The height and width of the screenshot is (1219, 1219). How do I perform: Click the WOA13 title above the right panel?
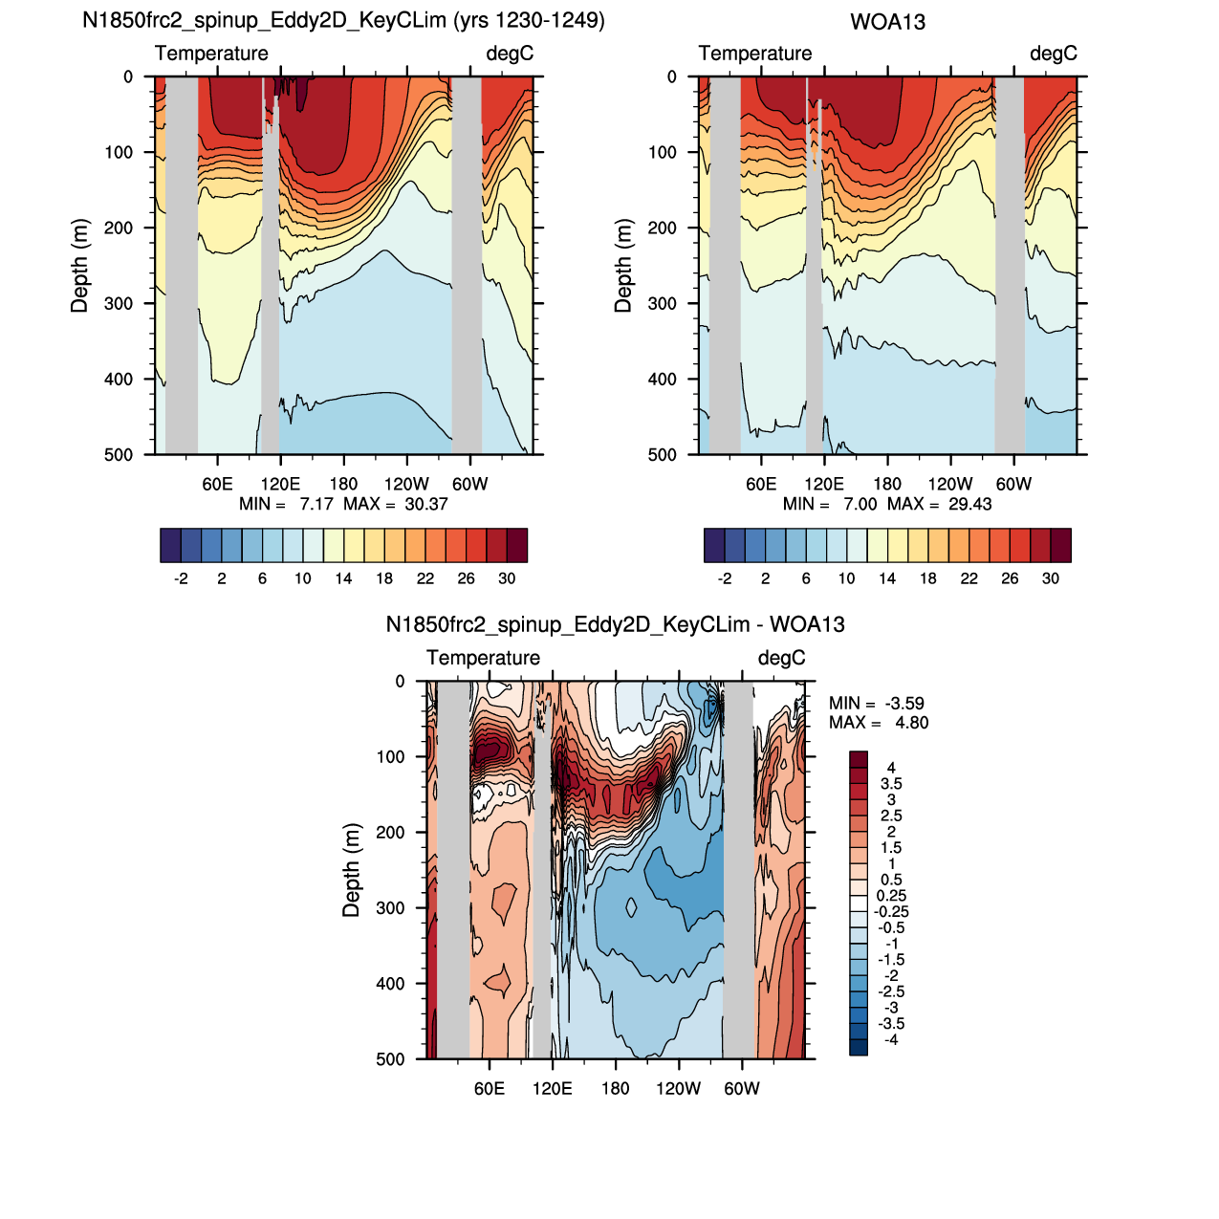coord(887,22)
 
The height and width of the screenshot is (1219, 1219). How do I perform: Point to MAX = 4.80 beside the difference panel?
coord(879,723)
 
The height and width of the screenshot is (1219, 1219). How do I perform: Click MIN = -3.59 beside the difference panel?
coord(877,703)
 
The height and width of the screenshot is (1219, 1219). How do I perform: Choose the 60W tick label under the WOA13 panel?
coord(1013,484)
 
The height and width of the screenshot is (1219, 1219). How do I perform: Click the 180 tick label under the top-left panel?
coord(343,484)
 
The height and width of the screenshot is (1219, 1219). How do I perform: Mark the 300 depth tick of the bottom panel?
coord(391,907)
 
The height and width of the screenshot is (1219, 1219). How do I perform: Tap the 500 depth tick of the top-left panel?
coord(119,455)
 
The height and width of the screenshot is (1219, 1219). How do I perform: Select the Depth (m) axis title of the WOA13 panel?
coord(622,266)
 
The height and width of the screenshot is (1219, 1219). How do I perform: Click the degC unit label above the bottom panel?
coord(781,658)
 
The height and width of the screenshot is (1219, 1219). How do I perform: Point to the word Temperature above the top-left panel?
coord(211,54)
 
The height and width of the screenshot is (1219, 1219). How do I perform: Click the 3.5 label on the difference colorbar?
coord(891,784)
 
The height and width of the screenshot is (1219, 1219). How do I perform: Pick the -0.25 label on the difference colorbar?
coord(891,911)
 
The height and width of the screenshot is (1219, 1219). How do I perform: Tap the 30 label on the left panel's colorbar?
coord(507,578)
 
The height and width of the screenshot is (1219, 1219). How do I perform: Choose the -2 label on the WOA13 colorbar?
coord(725,578)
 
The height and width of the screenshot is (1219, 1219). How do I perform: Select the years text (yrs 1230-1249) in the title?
coord(529,21)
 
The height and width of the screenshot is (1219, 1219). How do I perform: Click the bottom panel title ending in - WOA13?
coord(615,625)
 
